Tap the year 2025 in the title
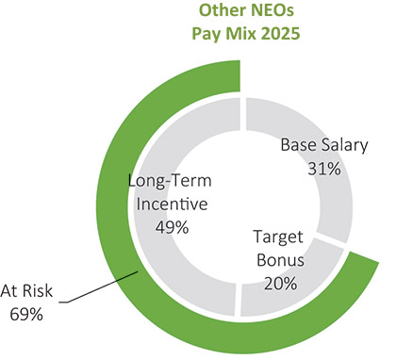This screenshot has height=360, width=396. tap(281, 33)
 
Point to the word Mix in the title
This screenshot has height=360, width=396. tap(241, 33)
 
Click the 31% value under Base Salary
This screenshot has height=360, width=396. tap(324, 169)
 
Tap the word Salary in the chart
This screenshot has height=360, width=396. tap(344, 146)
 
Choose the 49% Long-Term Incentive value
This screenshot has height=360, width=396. tap(172, 227)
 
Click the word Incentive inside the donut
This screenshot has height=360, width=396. tap(172, 204)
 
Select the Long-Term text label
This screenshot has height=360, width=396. tap(170, 181)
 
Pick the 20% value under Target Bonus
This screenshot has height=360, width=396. tap(281, 284)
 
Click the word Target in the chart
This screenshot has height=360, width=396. tap(278, 237)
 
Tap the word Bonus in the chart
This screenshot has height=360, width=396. tap(281, 260)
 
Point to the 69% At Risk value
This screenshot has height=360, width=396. tap(26, 314)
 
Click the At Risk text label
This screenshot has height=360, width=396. tap(26, 291)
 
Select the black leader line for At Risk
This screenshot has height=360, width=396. tap(99, 287)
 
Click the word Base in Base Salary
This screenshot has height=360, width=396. tap(299, 145)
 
